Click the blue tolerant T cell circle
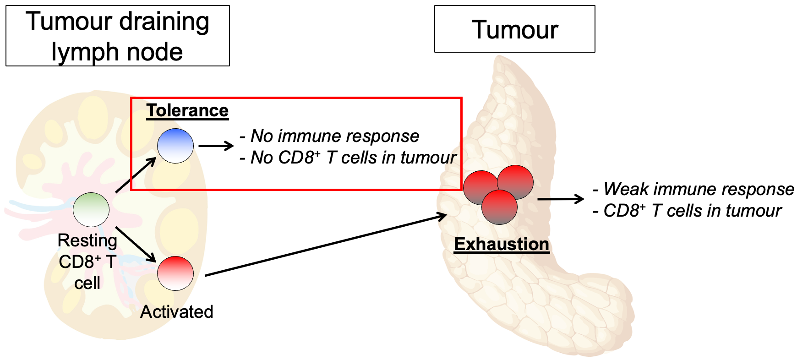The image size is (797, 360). tap(175, 146)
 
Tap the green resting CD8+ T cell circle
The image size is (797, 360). tap(91, 210)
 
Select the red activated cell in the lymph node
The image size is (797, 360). tap(175, 273)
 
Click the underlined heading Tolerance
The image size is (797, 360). tap(187, 111)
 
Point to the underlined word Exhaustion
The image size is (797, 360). tap(502, 244)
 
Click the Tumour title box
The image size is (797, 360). tap(514, 29)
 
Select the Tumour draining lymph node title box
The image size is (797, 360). tap(118, 36)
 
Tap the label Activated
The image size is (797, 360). tap(177, 312)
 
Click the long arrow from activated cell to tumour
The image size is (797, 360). tap(325, 245)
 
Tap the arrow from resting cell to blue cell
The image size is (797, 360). tap(136, 175)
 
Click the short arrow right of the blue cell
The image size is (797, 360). tap(216, 146)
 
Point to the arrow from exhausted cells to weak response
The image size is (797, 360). tap(560, 199)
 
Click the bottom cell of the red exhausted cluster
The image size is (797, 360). tap(500, 207)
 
